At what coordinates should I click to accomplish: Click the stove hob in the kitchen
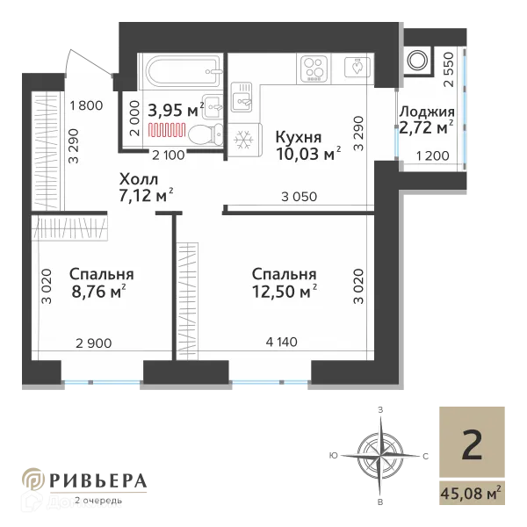314,67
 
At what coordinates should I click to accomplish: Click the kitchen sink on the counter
243,99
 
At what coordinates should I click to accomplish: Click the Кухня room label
299,138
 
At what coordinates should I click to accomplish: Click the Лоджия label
426,112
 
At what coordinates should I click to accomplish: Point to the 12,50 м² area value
283,292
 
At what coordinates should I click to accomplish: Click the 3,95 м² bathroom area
175,111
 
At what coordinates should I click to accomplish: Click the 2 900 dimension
94,343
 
